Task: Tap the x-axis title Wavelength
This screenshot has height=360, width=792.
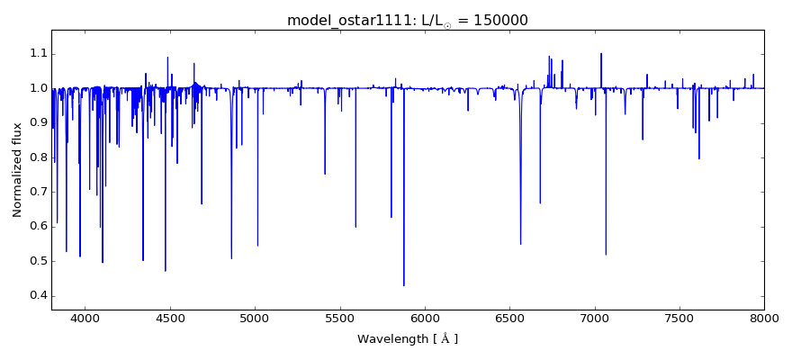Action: [407, 339]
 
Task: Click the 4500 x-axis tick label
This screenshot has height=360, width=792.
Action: [170, 318]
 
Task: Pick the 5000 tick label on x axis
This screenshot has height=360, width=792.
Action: [255, 318]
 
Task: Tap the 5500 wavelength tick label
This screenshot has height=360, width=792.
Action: [339, 318]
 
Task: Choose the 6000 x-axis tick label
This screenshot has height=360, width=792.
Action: [425, 318]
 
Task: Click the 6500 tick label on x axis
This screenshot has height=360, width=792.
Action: [509, 318]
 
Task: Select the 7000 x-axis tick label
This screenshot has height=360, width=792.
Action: [594, 318]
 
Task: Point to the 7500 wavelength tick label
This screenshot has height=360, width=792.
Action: [679, 318]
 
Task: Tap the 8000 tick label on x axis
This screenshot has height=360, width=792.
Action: [764, 318]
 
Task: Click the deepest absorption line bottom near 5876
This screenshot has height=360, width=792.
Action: [404, 285]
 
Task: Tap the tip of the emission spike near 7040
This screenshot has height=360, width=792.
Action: [601, 54]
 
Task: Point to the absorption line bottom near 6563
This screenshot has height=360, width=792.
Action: [520, 244]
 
